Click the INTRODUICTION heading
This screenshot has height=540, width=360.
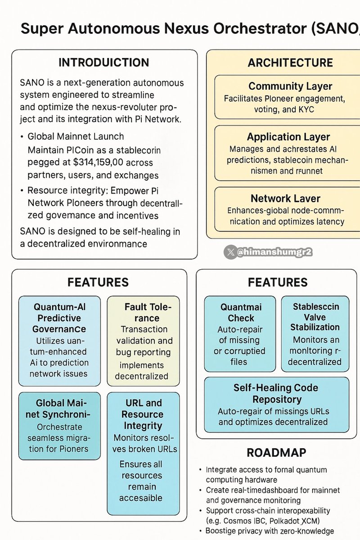[x=104, y=62]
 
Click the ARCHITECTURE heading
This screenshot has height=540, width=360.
[x=290, y=63]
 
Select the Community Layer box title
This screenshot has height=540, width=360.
[x=290, y=86]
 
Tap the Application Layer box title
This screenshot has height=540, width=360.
[x=288, y=137]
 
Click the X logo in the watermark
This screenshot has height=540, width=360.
[x=231, y=252]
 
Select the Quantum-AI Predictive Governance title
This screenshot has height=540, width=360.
[x=59, y=318]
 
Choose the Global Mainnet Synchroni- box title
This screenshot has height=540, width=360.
[x=59, y=409]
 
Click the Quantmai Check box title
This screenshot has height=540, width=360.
[x=241, y=312]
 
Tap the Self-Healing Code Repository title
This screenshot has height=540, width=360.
[x=276, y=393]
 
